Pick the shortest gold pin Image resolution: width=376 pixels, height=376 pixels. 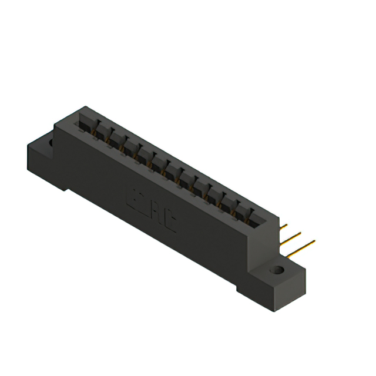coord(283,226)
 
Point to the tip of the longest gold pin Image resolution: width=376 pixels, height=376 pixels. coord(314,240)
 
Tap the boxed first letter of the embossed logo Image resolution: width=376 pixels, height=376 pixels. coord(133,198)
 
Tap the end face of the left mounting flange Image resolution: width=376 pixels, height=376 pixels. coord(35,162)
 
